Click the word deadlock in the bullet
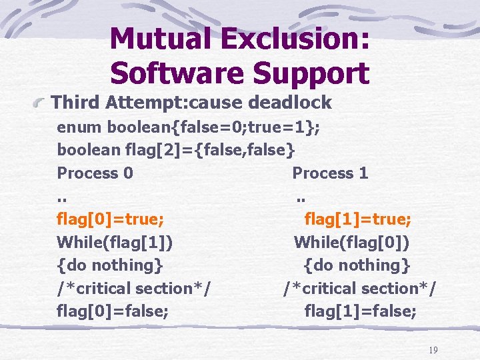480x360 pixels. click(290, 103)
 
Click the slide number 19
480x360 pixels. click(433, 350)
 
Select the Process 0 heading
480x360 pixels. click(95, 173)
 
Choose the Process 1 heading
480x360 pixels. click(330, 173)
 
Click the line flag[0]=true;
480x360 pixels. click(111, 219)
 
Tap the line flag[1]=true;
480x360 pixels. click(357, 219)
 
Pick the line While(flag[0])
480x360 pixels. click(352, 242)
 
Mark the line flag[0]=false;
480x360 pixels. click(113, 311)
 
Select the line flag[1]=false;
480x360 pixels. click(360, 311)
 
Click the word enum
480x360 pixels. click(79, 127)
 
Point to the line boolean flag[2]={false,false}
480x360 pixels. click(175, 150)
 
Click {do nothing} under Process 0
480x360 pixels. click(110, 265)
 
